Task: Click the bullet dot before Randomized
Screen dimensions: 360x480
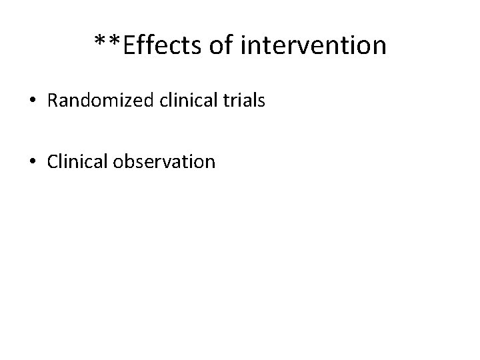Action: click(x=33, y=101)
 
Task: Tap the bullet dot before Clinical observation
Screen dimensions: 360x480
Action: click(x=33, y=161)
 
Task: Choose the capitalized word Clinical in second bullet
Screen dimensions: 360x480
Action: click(x=73, y=161)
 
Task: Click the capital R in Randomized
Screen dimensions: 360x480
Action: click(x=53, y=101)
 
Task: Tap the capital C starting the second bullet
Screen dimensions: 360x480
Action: click(x=53, y=161)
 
